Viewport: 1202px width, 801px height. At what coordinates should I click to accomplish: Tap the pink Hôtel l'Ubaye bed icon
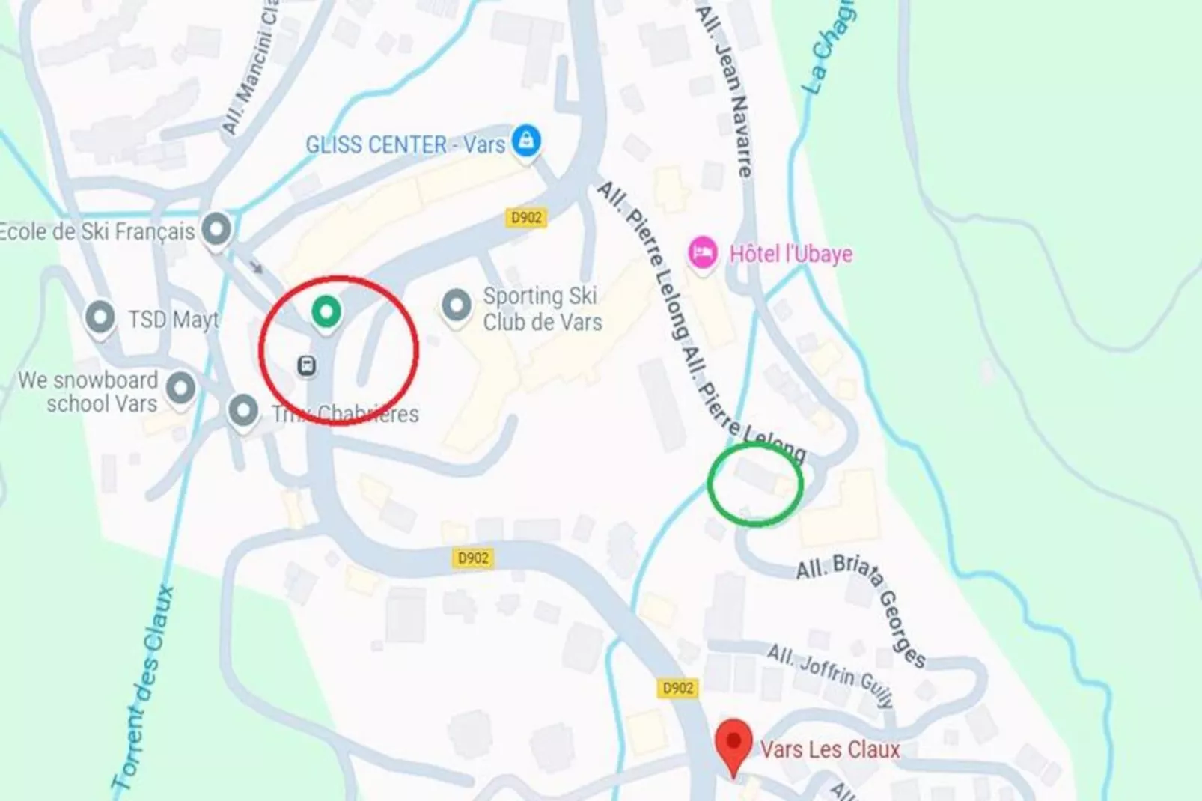pyautogui.click(x=702, y=253)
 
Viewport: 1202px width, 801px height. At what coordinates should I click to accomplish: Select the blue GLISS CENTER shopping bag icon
pyautogui.click(x=526, y=139)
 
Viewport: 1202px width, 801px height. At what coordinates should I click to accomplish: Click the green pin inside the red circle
pyautogui.click(x=326, y=311)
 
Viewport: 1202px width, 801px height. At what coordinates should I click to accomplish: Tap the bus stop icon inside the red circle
pyautogui.click(x=306, y=365)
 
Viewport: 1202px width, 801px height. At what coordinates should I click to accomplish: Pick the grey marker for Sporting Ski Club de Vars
pyautogui.click(x=457, y=305)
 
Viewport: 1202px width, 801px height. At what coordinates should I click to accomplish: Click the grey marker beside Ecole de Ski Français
pyautogui.click(x=217, y=228)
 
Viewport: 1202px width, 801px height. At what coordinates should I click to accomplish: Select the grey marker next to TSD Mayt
pyautogui.click(x=100, y=317)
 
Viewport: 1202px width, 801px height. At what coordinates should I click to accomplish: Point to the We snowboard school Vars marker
pyautogui.click(x=180, y=388)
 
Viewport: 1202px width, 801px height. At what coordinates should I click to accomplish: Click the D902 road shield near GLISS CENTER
pyautogui.click(x=525, y=218)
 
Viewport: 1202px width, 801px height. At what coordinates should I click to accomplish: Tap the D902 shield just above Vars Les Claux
pyautogui.click(x=677, y=688)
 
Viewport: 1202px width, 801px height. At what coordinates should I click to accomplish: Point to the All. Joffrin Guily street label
pyautogui.click(x=831, y=674)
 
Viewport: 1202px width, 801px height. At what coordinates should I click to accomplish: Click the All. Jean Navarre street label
pyautogui.click(x=725, y=90)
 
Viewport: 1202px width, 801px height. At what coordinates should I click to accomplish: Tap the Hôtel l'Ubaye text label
pyautogui.click(x=791, y=254)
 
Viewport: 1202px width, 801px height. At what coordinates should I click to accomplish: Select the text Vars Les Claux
pyautogui.click(x=830, y=749)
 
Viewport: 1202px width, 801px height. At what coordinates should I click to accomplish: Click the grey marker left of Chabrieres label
pyautogui.click(x=243, y=411)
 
